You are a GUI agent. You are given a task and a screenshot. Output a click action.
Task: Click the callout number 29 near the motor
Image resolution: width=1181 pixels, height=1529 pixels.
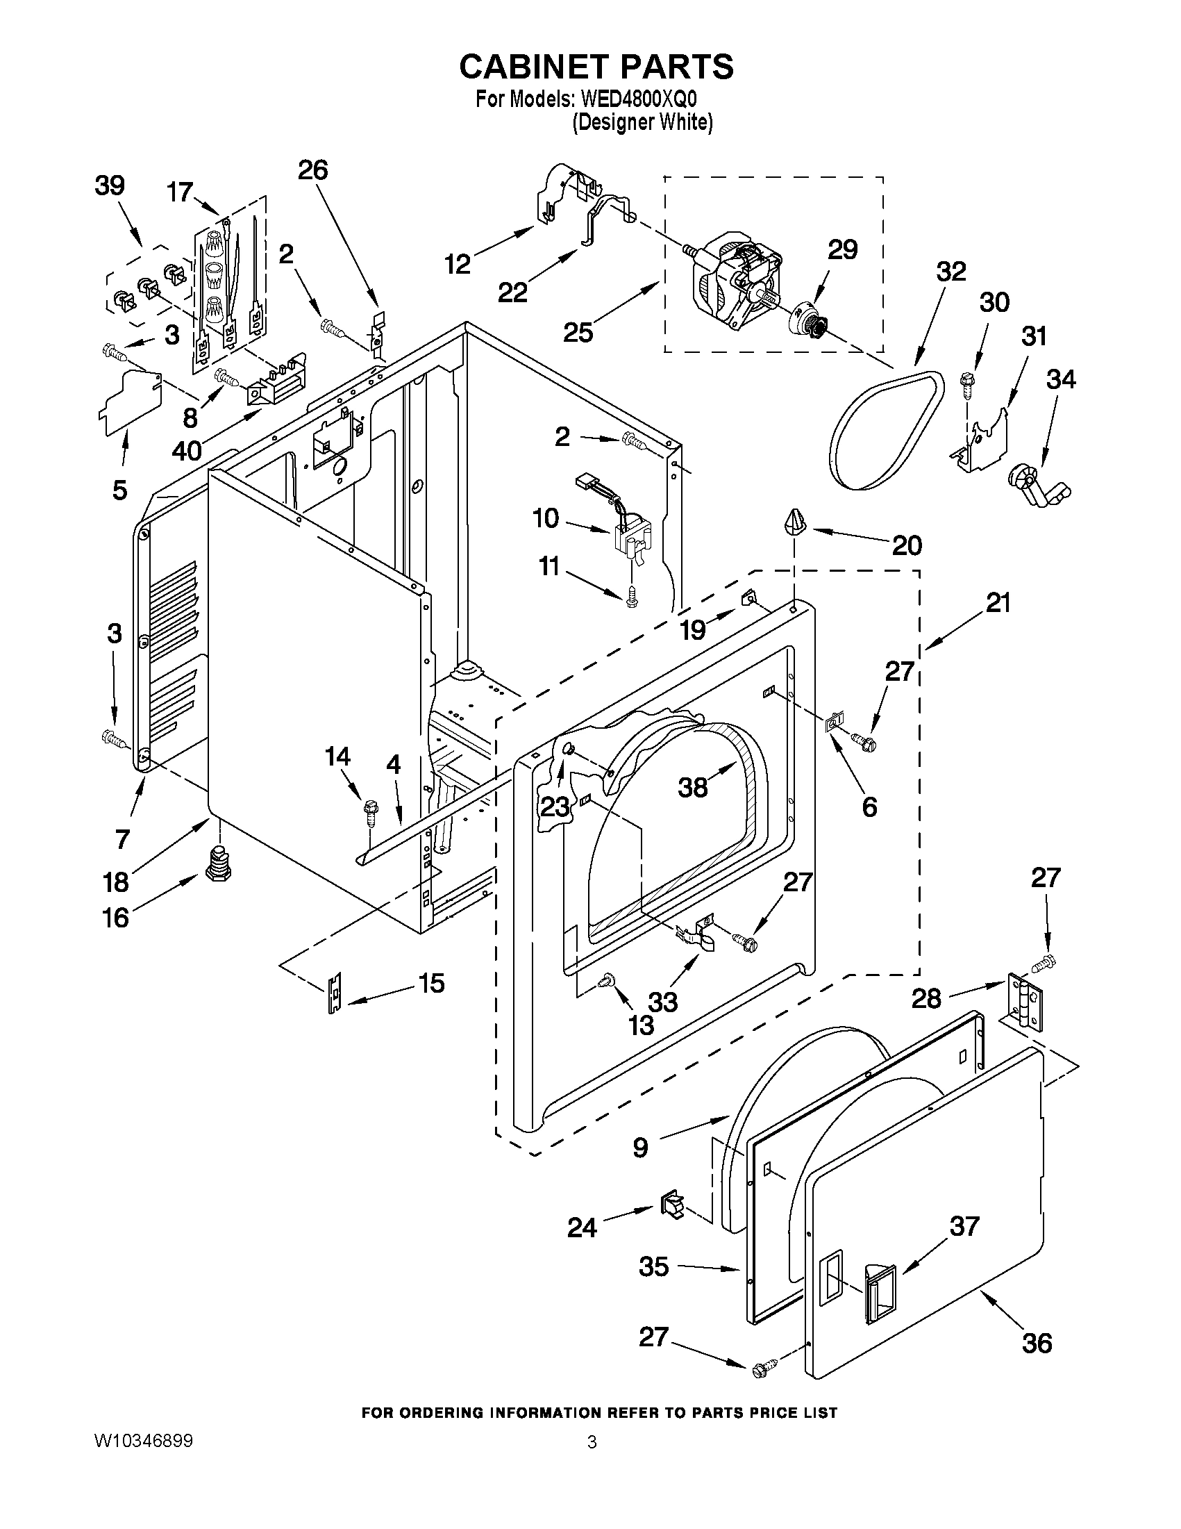[x=842, y=250]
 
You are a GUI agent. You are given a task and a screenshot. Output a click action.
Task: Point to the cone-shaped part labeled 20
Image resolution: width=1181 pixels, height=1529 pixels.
[x=792, y=522]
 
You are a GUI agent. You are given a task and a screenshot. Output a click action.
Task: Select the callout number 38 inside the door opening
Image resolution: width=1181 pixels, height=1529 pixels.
[x=693, y=788]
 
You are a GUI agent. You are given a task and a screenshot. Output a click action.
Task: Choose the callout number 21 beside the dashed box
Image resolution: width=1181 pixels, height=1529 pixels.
[x=998, y=603]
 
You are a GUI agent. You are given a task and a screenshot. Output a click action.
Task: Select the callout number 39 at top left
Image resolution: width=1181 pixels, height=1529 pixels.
[x=110, y=186]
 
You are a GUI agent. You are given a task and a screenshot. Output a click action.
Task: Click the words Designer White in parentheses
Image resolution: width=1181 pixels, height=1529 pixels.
[x=642, y=123]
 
